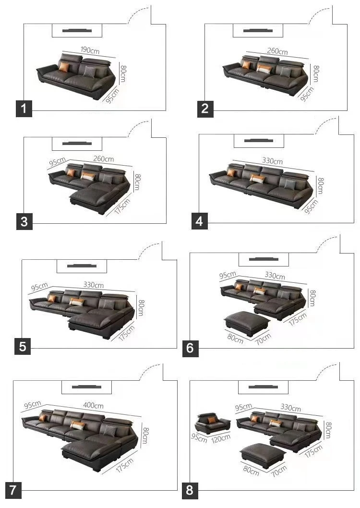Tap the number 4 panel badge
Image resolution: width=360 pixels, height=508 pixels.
pyautogui.click(x=200, y=221)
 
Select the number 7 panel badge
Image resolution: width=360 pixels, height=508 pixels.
pyautogui.click(x=13, y=490)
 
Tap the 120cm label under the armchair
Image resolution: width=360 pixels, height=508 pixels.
pyautogui.click(x=221, y=437)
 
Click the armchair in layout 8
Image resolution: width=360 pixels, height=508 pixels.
pyautogui.click(x=212, y=423)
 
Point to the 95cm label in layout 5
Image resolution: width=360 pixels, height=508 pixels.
pyautogui.click(x=39, y=288)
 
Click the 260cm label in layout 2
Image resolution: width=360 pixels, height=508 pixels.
pyautogui.click(x=277, y=51)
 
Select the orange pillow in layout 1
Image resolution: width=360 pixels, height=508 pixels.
pyautogui.click(x=64, y=67)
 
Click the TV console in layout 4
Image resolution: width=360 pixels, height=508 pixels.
pyautogui.click(x=259, y=141)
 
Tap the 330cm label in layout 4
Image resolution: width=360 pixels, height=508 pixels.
pyautogui.click(x=272, y=161)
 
